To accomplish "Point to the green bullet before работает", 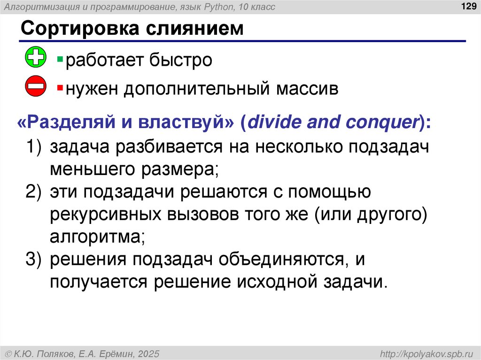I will point(60,59).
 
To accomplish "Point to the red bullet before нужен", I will point(60,88).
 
